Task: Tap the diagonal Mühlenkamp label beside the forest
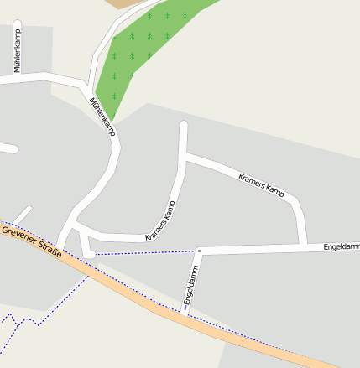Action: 102,117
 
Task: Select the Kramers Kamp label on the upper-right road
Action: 262,187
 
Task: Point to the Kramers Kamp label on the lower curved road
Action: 161,221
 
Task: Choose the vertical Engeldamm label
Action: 190,285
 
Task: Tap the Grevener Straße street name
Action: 31,241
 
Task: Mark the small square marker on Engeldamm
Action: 200,250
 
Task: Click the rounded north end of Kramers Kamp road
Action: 184,127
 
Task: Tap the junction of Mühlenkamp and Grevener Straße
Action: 60,248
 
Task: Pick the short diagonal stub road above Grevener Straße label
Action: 22,215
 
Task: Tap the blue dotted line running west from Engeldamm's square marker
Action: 143,251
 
